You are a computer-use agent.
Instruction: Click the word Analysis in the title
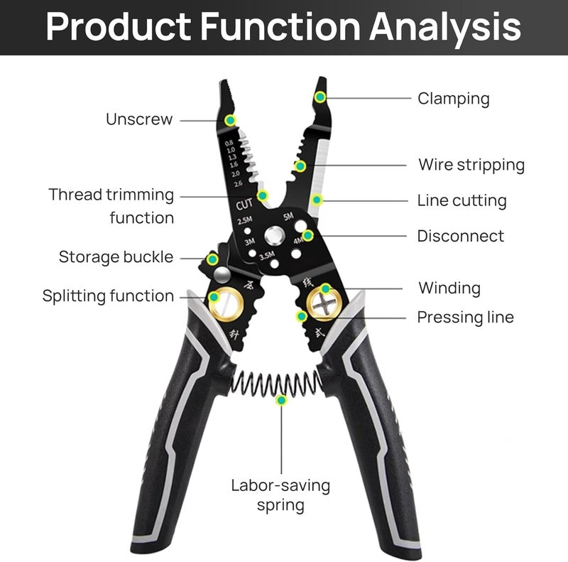click(x=445, y=28)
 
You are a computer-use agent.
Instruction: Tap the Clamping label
click(x=454, y=99)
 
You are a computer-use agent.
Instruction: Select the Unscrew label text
click(x=139, y=119)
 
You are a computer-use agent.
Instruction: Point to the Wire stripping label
click(x=471, y=166)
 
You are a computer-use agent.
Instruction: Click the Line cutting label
click(x=462, y=201)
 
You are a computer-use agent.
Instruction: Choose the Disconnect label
click(x=460, y=236)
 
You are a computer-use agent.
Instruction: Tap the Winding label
click(x=449, y=288)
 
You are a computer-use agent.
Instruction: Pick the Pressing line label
click(x=466, y=318)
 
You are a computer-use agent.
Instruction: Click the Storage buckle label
click(x=116, y=257)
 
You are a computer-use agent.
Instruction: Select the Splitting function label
click(x=108, y=296)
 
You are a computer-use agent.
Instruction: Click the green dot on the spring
click(x=281, y=400)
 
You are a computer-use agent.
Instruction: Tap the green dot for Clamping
click(x=320, y=97)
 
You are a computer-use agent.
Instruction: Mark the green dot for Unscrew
click(x=230, y=120)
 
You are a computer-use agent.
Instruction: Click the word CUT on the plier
click(x=244, y=205)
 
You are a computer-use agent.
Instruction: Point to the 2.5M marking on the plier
click(x=245, y=220)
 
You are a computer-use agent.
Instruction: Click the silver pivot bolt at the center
click(x=274, y=237)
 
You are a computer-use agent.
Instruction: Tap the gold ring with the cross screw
click(x=324, y=304)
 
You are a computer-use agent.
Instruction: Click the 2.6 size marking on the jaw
click(x=238, y=184)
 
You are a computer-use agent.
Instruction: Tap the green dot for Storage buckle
click(x=212, y=259)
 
